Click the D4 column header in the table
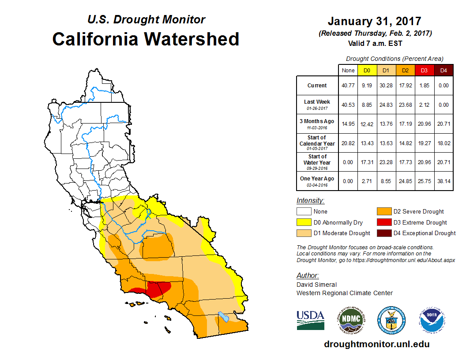[443, 70]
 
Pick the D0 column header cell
[367, 70]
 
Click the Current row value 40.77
[348, 86]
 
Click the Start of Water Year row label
[317, 160]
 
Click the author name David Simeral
[316, 285]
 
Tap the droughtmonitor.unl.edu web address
[376, 344]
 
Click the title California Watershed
[146, 39]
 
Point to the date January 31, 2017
[374, 21]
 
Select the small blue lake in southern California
[224, 316]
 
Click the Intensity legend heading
[310, 201]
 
